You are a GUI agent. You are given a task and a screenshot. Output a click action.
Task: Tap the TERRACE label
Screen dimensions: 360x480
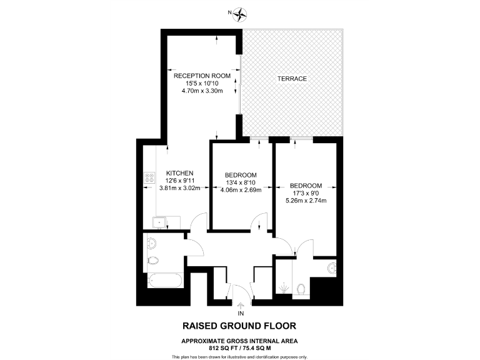point(292,79)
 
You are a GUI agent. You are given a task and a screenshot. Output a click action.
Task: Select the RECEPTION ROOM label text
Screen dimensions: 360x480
point(202,76)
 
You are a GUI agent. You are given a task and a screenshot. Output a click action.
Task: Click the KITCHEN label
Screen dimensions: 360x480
point(179,173)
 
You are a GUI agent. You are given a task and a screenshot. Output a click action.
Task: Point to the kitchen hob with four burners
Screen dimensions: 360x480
point(149,177)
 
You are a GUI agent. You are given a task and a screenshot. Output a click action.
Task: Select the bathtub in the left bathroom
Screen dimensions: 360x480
point(164,280)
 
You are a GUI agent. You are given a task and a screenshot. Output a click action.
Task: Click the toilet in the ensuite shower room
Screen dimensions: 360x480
point(301,289)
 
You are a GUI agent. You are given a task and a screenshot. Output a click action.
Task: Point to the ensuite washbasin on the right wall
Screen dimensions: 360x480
point(332,269)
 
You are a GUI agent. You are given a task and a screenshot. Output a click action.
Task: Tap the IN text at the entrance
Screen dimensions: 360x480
point(241,312)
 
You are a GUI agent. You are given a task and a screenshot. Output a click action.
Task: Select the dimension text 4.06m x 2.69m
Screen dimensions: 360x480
point(241,190)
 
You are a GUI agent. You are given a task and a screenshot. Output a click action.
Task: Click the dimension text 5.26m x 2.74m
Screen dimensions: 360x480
point(306,201)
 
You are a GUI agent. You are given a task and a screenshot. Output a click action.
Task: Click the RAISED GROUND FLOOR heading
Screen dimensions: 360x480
point(239,326)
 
